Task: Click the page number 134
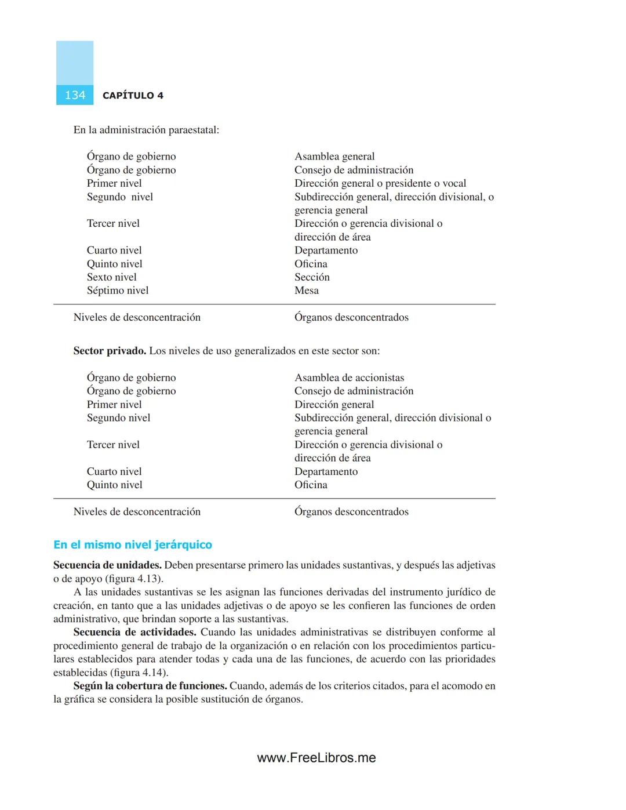pyautogui.click(x=75, y=96)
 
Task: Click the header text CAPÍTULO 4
pyautogui.click(x=133, y=96)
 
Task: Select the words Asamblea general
pyautogui.click(x=334, y=157)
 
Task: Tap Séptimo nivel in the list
pyautogui.click(x=118, y=290)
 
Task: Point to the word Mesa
pyautogui.click(x=307, y=290)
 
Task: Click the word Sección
pyautogui.click(x=312, y=277)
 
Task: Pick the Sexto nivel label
pyautogui.click(x=112, y=277)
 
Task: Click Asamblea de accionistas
pyautogui.click(x=349, y=377)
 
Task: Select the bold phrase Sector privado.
pyautogui.click(x=110, y=351)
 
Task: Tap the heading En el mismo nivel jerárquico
pyautogui.click(x=133, y=544)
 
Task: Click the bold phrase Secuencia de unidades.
pyautogui.click(x=107, y=565)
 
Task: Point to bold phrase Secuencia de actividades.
pyautogui.click(x=134, y=632)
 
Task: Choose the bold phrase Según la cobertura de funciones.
pyautogui.click(x=150, y=686)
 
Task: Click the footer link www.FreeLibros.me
pyautogui.click(x=316, y=758)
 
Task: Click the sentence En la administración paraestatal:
pyautogui.click(x=146, y=130)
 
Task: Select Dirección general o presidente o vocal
pyautogui.click(x=380, y=183)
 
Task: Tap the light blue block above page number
pyautogui.click(x=75, y=63)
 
